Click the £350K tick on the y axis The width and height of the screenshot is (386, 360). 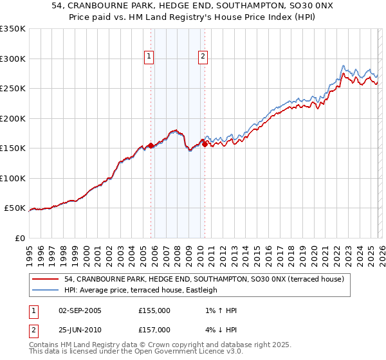point(13,29)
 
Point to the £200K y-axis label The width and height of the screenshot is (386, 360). point(13,118)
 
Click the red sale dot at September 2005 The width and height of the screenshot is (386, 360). point(151,145)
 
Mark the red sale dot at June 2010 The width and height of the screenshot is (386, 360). point(205,144)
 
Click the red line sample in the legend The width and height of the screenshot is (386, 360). point(46,279)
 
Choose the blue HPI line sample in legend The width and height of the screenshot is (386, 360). point(46,290)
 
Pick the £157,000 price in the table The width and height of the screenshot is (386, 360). point(154,330)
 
